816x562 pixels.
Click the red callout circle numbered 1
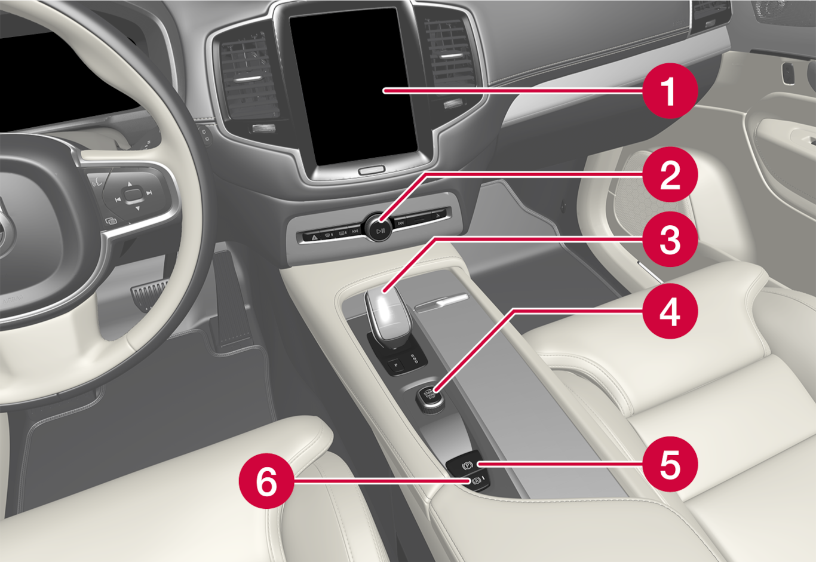(x=670, y=90)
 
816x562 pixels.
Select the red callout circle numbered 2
(x=670, y=174)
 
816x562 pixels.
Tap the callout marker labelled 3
(x=670, y=239)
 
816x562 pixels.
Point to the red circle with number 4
(x=670, y=311)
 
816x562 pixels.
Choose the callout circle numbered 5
(x=670, y=464)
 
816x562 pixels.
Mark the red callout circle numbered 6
(x=266, y=481)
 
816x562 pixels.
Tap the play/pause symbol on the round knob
(x=381, y=231)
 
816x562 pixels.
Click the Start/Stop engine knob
(x=430, y=399)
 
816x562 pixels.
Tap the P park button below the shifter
(x=396, y=364)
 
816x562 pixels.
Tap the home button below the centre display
(x=372, y=170)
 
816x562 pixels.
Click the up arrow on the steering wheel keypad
(x=130, y=184)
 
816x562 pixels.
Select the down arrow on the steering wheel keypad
(x=137, y=208)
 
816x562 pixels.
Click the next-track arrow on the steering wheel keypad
(x=149, y=193)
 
